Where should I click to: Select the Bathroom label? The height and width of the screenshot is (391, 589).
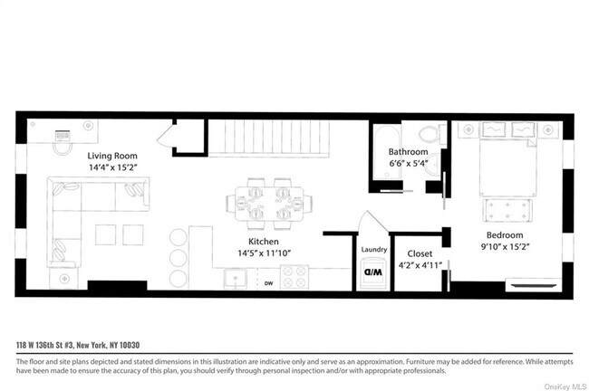pos(408,151)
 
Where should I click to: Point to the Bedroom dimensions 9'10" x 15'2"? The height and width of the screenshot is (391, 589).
pos(504,243)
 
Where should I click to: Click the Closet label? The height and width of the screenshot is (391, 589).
pos(420,254)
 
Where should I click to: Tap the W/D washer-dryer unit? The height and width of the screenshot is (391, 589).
pos(373,272)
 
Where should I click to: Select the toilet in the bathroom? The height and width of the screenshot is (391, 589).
pos(434,135)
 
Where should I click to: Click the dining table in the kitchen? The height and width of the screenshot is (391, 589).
pos(268,203)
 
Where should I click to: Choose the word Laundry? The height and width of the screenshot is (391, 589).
pos(373,250)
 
